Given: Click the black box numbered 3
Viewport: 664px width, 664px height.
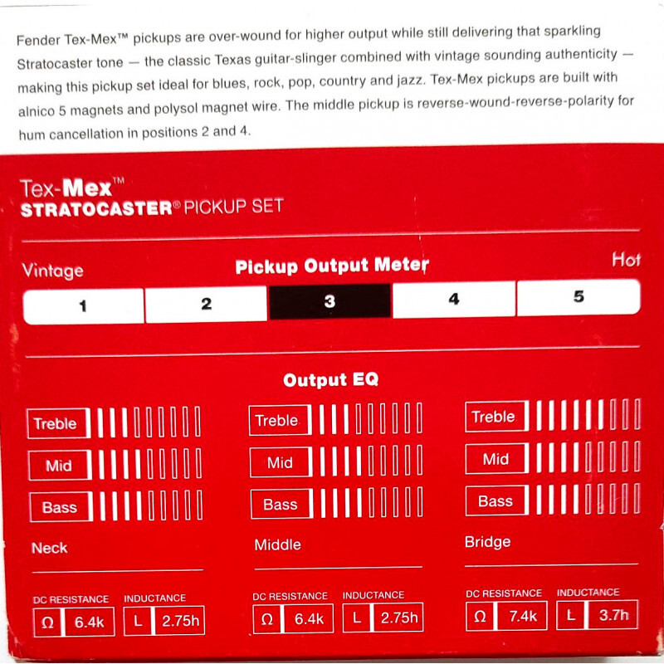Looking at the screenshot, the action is click(x=330, y=301).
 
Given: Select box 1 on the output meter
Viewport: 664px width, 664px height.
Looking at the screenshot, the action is click(x=84, y=305).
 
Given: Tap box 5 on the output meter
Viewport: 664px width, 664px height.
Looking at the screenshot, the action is click(x=579, y=297).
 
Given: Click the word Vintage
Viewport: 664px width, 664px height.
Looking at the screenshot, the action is click(x=52, y=271).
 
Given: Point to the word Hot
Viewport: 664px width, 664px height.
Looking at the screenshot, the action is click(x=626, y=259).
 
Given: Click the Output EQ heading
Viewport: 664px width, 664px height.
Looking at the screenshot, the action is click(x=330, y=379).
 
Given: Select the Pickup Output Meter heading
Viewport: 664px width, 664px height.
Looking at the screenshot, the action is click(x=332, y=266).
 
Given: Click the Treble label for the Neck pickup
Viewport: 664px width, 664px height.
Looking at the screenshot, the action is click(x=55, y=423).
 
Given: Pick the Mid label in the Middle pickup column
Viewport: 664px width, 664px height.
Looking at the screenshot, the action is click(x=280, y=462).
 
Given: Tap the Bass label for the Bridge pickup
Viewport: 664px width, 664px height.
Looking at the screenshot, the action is click(x=496, y=501).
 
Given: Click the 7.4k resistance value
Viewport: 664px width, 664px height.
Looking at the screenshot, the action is click(x=523, y=616).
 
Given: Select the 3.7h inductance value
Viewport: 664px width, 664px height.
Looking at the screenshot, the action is click(x=614, y=614).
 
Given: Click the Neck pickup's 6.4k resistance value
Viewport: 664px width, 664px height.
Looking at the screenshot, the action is click(x=90, y=622).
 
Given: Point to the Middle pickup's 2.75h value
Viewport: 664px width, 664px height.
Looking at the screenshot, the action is click(x=399, y=618).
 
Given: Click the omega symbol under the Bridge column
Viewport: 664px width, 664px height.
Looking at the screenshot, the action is click(x=480, y=616).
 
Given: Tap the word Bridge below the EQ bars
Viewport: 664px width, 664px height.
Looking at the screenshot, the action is click(x=487, y=542).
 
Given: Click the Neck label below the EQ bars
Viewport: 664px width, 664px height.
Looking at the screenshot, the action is click(x=50, y=548).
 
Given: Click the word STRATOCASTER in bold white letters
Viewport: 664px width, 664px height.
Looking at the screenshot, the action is click(x=96, y=209).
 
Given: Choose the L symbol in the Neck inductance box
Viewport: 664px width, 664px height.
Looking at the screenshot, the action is click(x=138, y=621).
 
